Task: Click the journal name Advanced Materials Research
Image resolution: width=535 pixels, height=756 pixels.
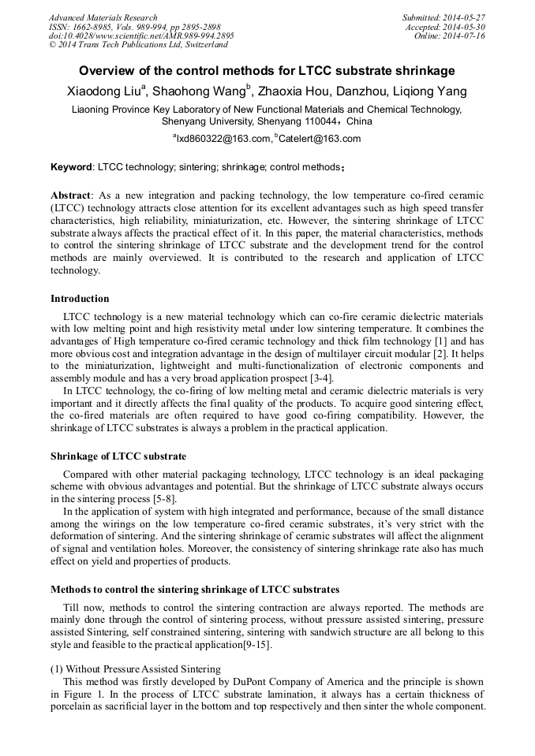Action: pyautogui.click(x=103, y=17)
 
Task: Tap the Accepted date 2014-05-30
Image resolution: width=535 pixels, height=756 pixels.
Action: pyautogui.click(x=466, y=27)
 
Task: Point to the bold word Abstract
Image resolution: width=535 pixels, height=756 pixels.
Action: pyautogui.click(x=70, y=195)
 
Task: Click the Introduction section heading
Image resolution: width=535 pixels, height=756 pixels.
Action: pyautogui.click(x=80, y=299)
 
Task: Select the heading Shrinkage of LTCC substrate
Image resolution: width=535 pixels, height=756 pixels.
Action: pyautogui.click(x=118, y=456)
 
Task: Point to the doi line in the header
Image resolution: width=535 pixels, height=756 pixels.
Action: pyautogui.click(x=141, y=36)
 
